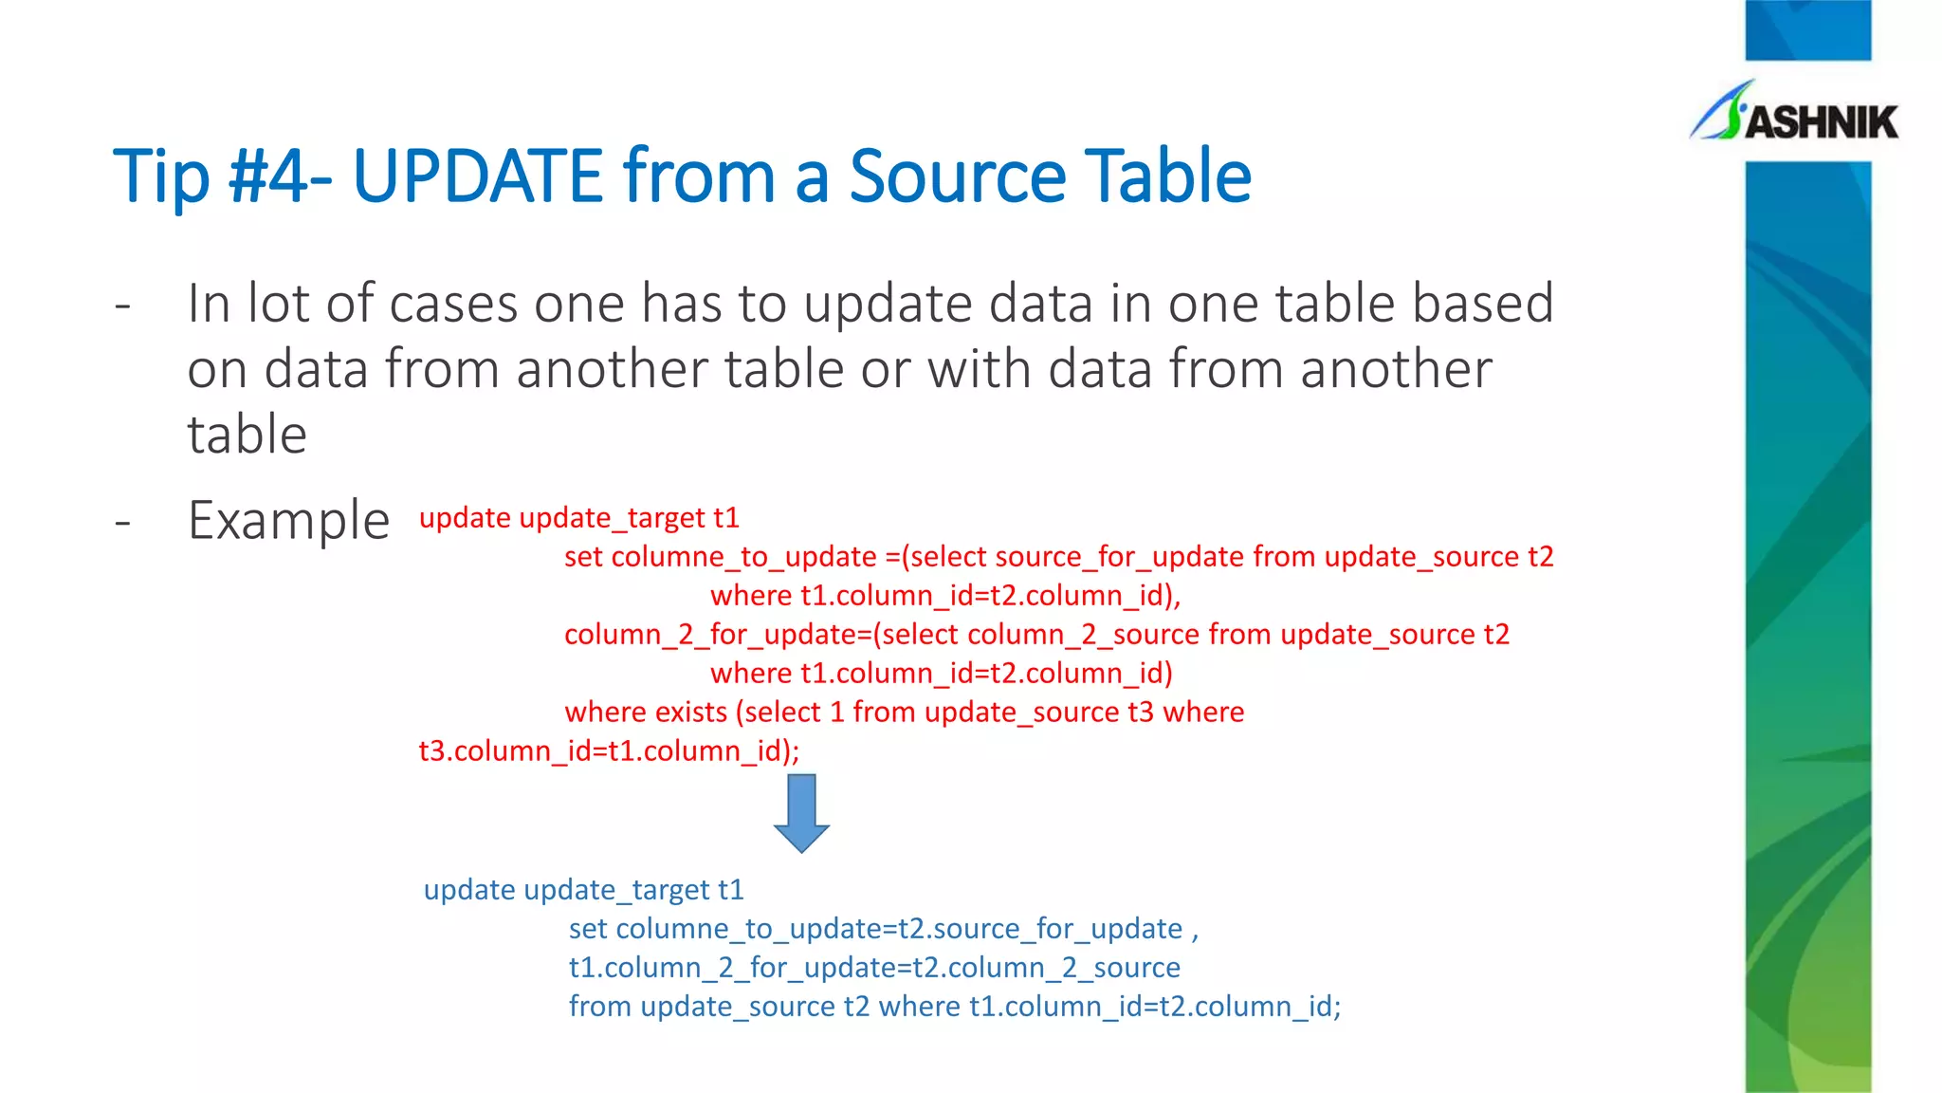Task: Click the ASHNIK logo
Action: pos(1795,115)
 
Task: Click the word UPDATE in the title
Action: pos(477,176)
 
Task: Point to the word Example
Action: pos(288,521)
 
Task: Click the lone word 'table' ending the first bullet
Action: pos(247,435)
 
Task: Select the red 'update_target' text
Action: pos(613,518)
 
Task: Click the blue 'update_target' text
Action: pos(616,890)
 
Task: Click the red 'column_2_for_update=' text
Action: pos(718,635)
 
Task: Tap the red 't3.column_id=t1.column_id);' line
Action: pos(609,751)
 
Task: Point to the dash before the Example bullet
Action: pos(122,522)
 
